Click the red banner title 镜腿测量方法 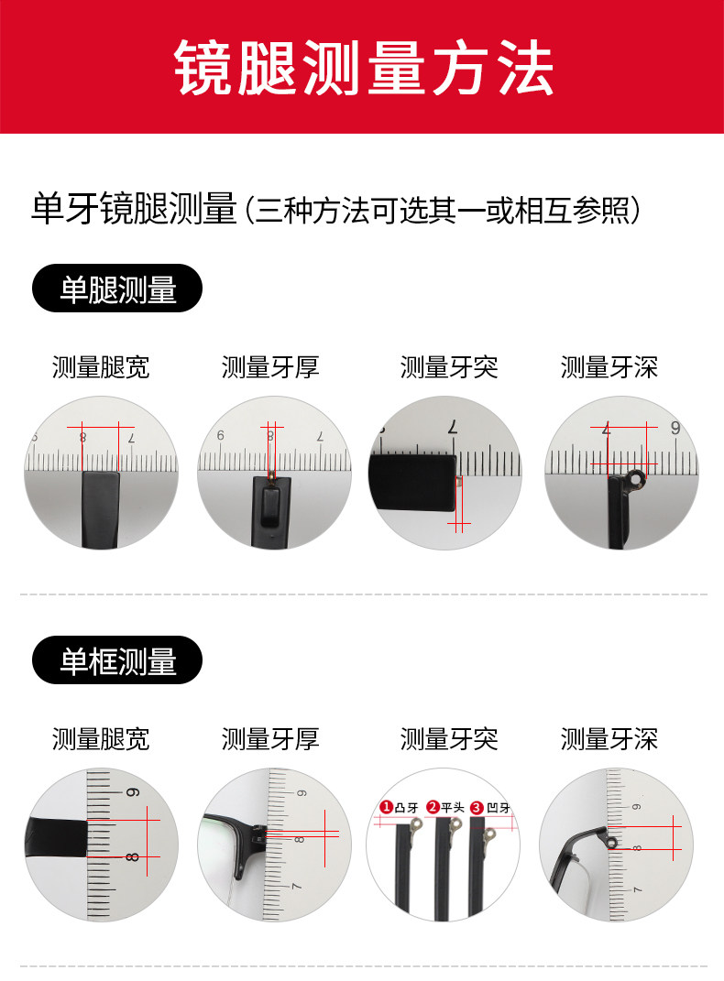click(x=364, y=67)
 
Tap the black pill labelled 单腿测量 click(x=117, y=289)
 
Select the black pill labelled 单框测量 click(x=117, y=660)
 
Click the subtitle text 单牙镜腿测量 click(x=134, y=208)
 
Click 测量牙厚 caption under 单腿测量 click(x=270, y=367)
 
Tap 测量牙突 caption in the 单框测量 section click(x=449, y=739)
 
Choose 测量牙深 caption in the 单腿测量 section click(x=609, y=367)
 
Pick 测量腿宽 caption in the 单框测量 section click(x=101, y=739)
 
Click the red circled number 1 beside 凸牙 click(x=386, y=807)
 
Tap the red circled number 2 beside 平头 click(x=433, y=807)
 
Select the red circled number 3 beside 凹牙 click(x=477, y=808)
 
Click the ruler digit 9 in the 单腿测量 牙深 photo click(x=675, y=428)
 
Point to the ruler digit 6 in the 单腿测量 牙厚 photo click(x=220, y=435)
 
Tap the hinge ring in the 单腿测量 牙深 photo click(x=636, y=479)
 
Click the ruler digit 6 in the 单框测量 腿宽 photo click(x=133, y=793)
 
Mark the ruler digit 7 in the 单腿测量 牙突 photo click(x=453, y=428)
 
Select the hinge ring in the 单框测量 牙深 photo click(x=611, y=843)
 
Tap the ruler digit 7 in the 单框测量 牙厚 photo click(x=297, y=886)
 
